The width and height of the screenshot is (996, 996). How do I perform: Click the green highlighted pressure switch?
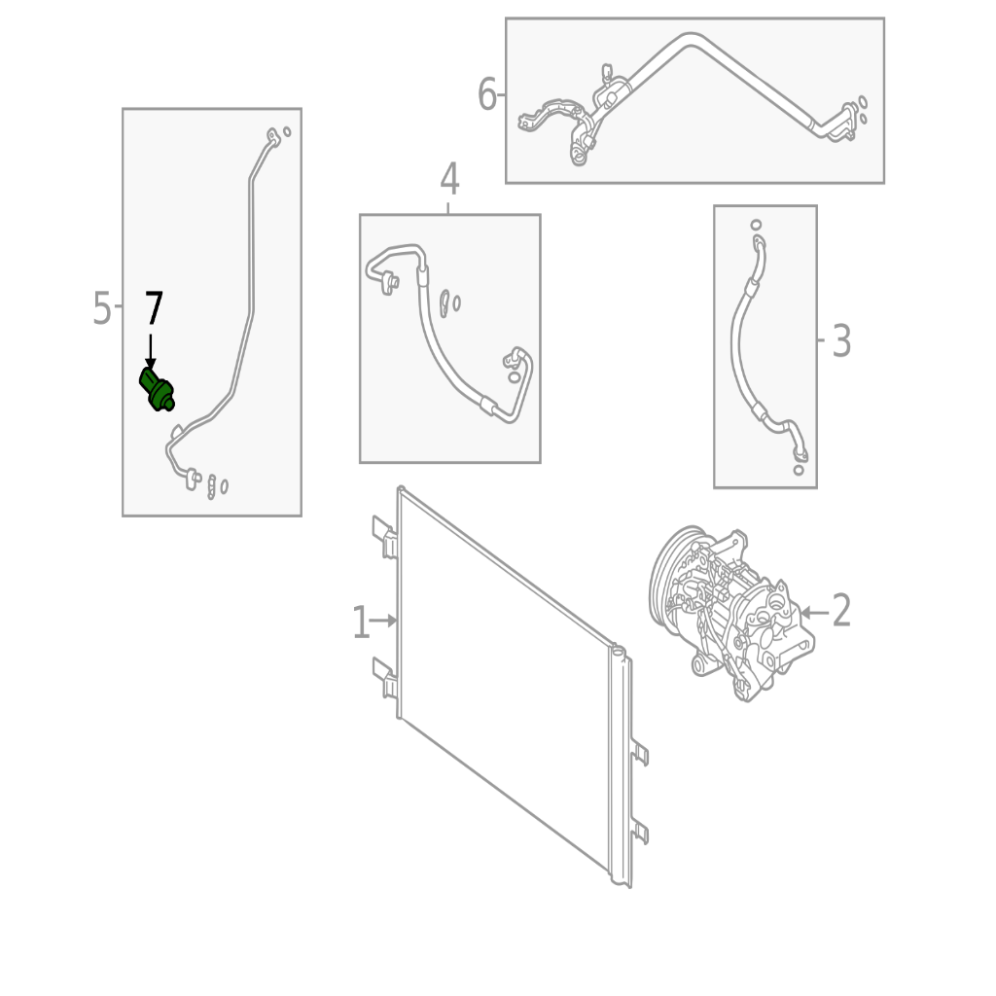157,389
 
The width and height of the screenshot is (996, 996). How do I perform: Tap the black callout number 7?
154,308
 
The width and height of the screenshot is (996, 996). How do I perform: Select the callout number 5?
101,308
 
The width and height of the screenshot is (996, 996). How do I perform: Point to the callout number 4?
449,179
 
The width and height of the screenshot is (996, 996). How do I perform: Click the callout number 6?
486,94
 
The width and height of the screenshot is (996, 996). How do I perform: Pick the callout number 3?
841,341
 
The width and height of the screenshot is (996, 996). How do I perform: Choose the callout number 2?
841,611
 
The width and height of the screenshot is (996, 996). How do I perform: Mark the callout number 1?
360,622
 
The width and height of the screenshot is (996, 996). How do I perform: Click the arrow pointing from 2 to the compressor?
815,613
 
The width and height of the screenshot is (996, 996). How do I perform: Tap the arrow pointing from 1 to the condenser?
383,621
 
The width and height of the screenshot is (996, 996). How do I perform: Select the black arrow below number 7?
151,352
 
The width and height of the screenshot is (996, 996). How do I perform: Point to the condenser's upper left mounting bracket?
385,537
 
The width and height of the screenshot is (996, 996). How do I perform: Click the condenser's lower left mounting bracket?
385,678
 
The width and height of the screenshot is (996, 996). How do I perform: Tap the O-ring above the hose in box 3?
756,225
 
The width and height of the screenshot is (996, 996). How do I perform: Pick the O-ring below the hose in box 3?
799,470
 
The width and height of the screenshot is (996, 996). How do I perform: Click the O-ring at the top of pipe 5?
287,131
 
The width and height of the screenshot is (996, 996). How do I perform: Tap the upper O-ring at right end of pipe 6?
863,101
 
